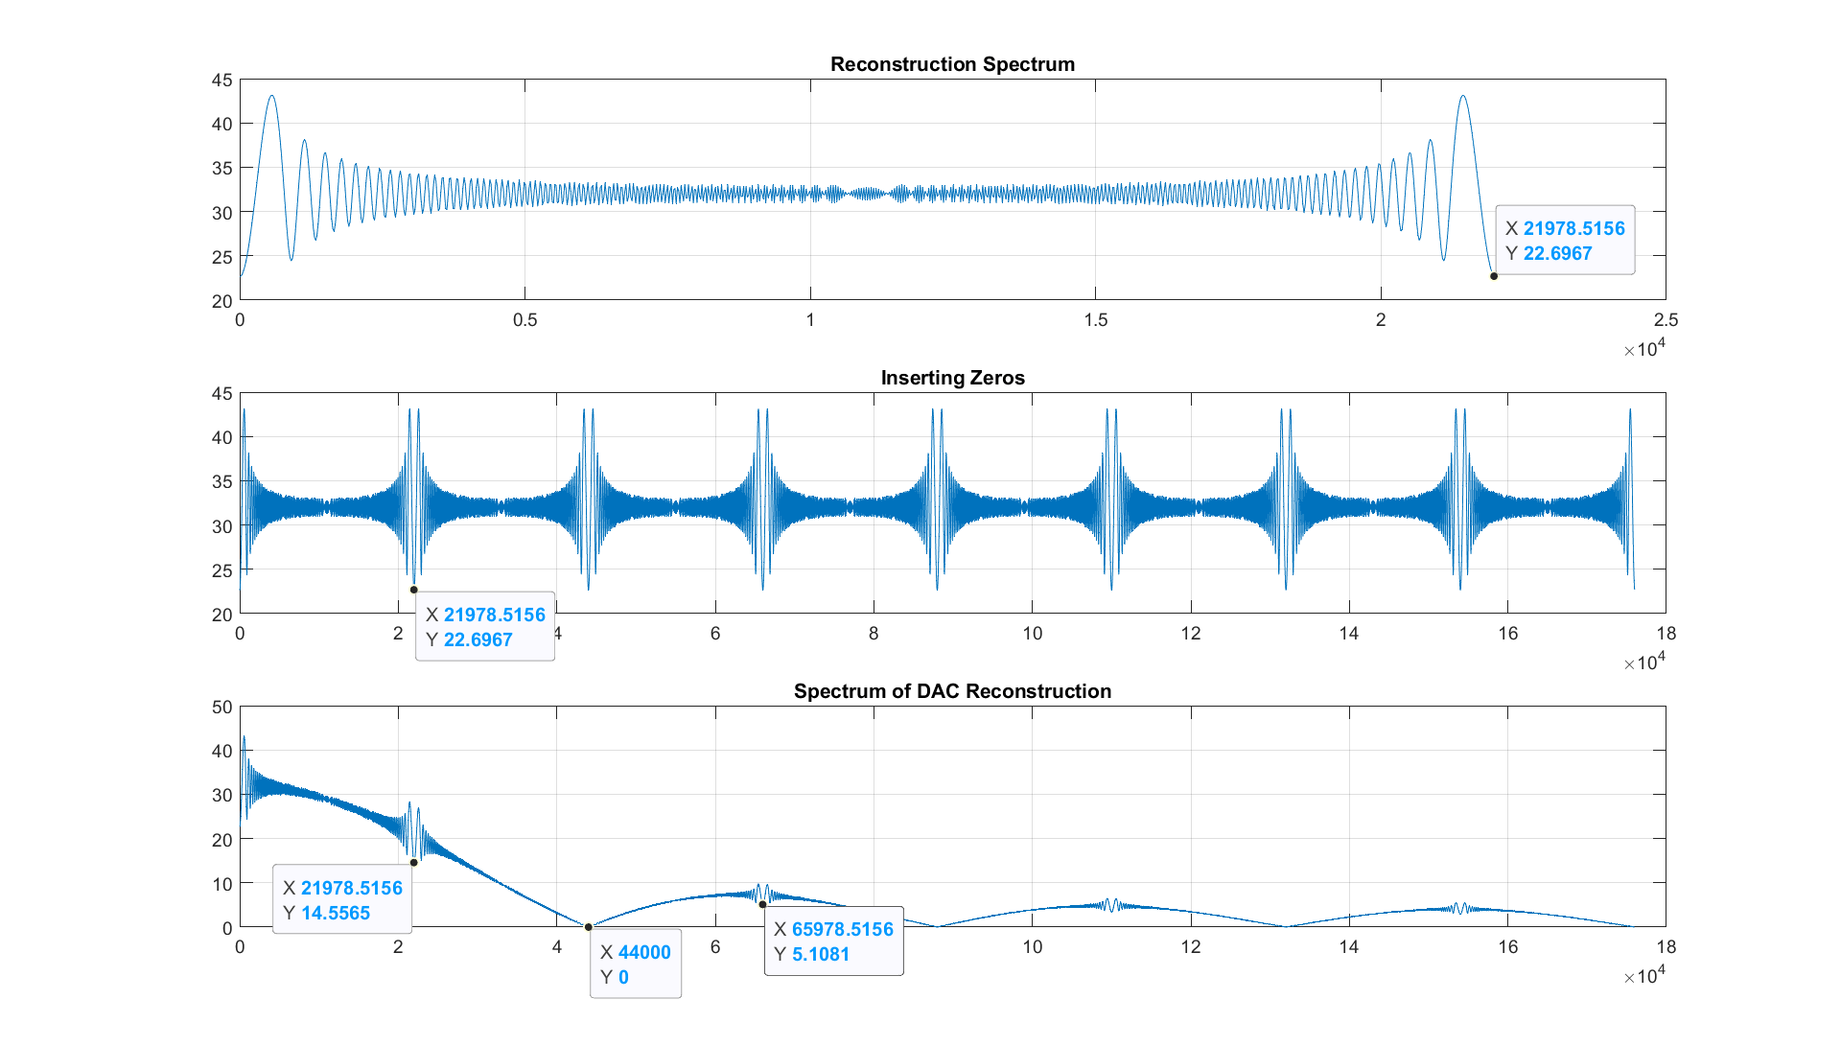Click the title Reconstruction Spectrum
[952, 64]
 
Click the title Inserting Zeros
[952, 378]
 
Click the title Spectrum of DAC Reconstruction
[952, 691]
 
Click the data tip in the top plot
[1565, 241]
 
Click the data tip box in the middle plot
[485, 627]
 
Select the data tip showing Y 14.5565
[342, 900]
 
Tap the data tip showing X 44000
[635, 965]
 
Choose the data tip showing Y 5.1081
[833, 941]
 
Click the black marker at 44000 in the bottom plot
[589, 927]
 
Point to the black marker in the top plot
[1494, 276]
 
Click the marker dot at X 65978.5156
[762, 904]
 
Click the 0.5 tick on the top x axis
[524, 320]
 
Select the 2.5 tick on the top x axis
[1666, 320]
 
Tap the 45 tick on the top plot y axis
[222, 81]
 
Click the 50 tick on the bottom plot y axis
[222, 708]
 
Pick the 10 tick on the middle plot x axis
[1032, 634]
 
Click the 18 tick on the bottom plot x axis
[1666, 947]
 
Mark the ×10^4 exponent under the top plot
[1644, 349]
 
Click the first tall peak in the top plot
[272, 97]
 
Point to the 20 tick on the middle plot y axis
[222, 615]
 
